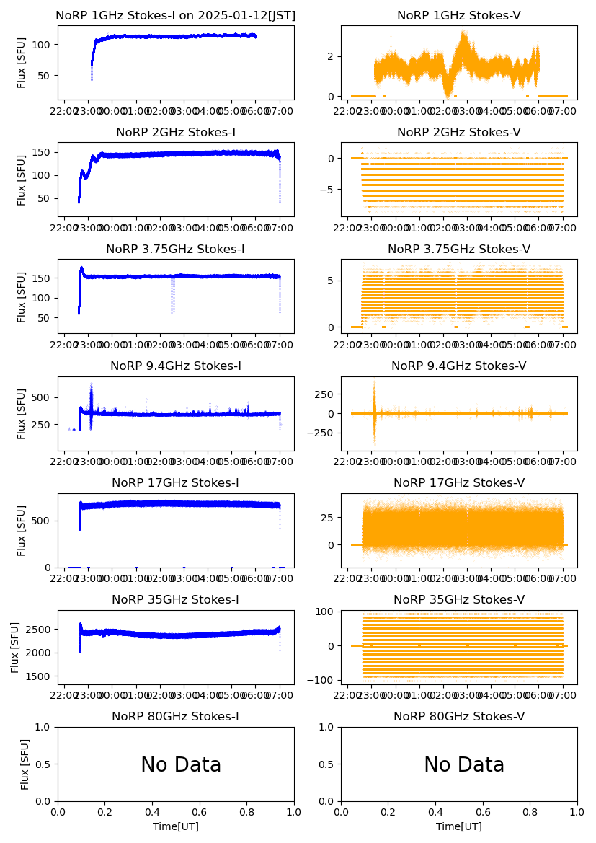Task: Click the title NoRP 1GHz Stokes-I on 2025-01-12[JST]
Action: click(x=175, y=16)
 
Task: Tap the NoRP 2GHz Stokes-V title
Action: click(x=458, y=133)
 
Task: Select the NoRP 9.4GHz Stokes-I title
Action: click(x=175, y=366)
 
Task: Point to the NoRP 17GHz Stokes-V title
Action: click(x=458, y=483)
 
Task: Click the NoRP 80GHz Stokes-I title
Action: click(x=175, y=717)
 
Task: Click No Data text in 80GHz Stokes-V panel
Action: click(x=463, y=765)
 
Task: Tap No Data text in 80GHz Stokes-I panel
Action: click(x=180, y=765)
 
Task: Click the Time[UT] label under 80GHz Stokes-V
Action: click(x=458, y=826)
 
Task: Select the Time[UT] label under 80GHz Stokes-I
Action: click(x=175, y=826)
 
